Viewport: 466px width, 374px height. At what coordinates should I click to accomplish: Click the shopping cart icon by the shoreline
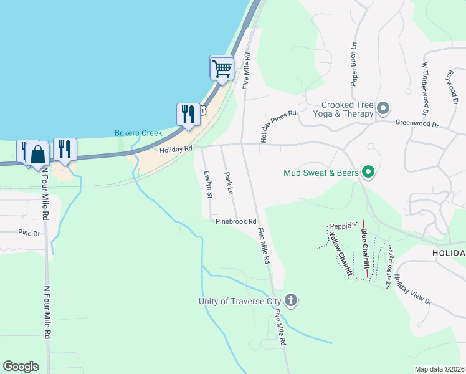coord(222,69)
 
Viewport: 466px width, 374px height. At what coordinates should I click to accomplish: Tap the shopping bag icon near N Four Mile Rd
coord(37,155)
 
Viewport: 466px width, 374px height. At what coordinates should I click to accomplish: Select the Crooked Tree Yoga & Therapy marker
coord(383,109)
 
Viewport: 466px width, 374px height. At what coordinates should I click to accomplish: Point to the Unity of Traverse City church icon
coord(291,301)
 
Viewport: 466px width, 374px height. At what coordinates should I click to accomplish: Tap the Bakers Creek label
coord(138,133)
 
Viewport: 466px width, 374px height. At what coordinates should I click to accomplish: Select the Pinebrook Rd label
coord(236,221)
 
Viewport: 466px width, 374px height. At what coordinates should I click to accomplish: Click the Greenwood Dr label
coord(417,125)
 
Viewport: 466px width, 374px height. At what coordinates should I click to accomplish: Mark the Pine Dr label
coord(29,233)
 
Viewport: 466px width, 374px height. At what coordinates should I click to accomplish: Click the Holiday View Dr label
coord(412,290)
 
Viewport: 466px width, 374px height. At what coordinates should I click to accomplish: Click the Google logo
coord(21,367)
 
